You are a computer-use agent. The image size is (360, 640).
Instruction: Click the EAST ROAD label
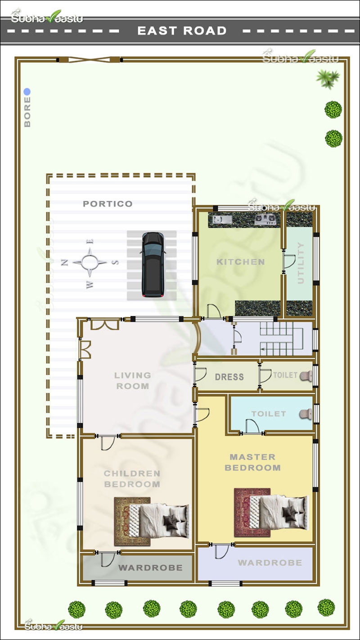pyautogui.click(x=182, y=31)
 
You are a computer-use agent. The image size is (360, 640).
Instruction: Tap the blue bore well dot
pyautogui.click(x=27, y=92)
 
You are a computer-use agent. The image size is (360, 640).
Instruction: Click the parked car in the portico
pyautogui.click(x=153, y=265)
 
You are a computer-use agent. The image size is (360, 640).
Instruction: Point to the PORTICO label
pyautogui.click(x=108, y=204)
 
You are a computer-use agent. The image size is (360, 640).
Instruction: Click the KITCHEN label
pyautogui.click(x=240, y=261)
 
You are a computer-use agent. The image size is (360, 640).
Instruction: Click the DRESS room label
pyautogui.click(x=229, y=377)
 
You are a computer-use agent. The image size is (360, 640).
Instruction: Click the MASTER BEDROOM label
pyautogui.click(x=252, y=462)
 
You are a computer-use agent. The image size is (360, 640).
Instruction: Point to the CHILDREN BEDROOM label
pyautogui.click(x=132, y=479)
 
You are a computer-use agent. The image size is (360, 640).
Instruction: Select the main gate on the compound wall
pyautogui.click(x=90, y=59)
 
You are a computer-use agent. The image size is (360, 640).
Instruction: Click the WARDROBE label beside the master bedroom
pyautogui.click(x=270, y=563)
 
